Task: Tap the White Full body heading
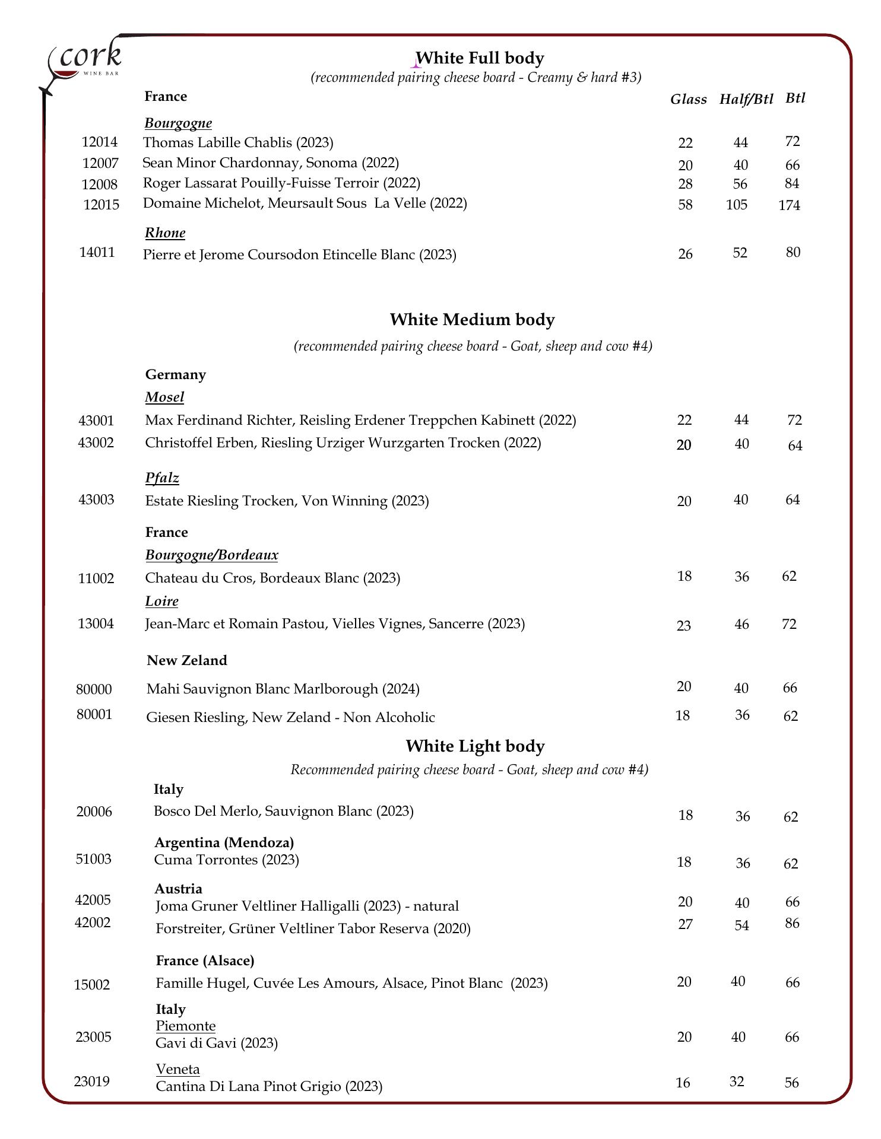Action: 480,58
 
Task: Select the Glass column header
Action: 688,100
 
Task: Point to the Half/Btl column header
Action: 746,99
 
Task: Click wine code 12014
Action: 99,142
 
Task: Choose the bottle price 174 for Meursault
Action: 789,205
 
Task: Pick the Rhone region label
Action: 165,233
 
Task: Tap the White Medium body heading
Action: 472,320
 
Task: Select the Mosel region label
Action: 164,397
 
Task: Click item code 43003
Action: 96,499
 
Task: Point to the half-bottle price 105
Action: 736,205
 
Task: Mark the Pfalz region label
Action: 162,478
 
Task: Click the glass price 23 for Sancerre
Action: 683,625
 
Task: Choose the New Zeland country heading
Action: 187,660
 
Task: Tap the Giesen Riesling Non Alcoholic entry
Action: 290,717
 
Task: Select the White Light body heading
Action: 475,746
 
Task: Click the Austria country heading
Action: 178,889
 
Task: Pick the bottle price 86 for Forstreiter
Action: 792,923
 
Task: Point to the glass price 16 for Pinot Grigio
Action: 683,1083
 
